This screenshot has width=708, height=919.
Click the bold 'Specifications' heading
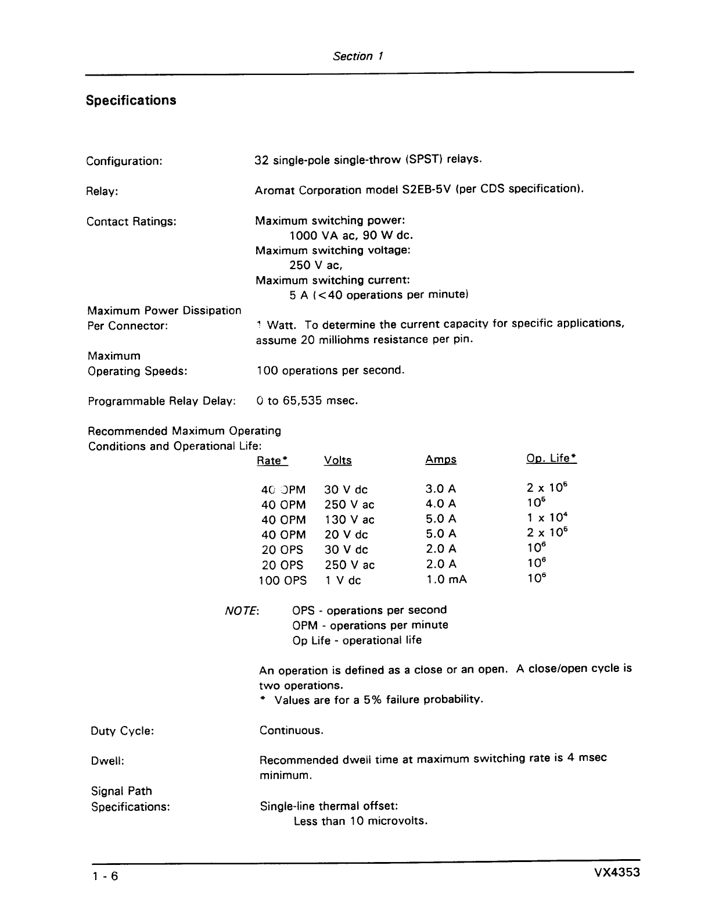[x=131, y=101]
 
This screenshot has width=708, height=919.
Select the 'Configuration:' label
[x=124, y=161]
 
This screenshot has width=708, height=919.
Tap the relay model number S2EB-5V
[x=422, y=189]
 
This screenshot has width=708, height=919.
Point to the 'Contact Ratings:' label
[x=131, y=221]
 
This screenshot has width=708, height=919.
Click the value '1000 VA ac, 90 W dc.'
[x=351, y=235]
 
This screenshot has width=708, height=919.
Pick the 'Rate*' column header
[x=272, y=461]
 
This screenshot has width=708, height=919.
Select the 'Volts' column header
[x=337, y=460]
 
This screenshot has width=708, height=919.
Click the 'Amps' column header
[x=440, y=460]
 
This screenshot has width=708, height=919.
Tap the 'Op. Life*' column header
[x=551, y=458]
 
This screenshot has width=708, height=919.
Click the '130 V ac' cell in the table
[x=349, y=520]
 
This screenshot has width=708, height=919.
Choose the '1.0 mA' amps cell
[x=446, y=580]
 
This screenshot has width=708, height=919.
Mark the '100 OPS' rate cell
[x=282, y=580]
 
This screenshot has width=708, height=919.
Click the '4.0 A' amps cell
[x=441, y=504]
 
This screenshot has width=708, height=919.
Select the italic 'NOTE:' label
[x=242, y=611]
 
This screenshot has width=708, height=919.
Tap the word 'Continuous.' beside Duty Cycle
[x=291, y=731]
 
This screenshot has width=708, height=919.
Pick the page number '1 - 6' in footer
[x=105, y=877]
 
